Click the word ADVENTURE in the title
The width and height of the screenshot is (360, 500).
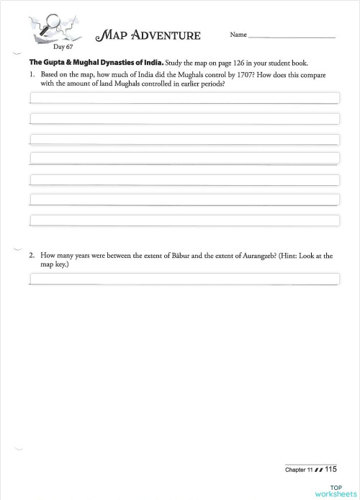[170, 35]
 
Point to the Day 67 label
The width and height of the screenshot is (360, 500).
[53, 47]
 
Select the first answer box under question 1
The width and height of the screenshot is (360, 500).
[184, 97]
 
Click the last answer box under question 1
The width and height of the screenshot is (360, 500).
[184, 220]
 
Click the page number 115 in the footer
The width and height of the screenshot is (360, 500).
[330, 469]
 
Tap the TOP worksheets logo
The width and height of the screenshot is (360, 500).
[333, 491]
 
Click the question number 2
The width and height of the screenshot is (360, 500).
[32, 255]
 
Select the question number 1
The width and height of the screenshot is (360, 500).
[32, 74]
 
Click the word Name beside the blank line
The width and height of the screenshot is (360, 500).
[238, 35]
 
